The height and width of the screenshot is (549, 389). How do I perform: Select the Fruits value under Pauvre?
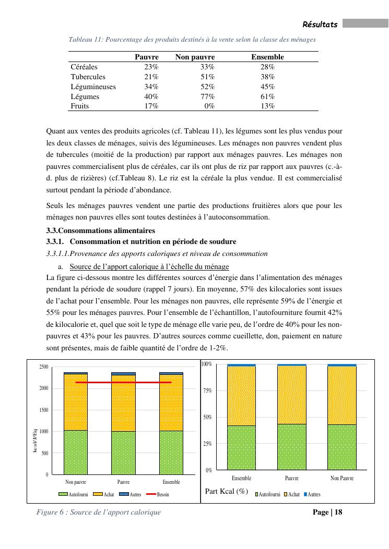151,106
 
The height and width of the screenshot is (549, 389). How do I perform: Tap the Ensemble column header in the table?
267,57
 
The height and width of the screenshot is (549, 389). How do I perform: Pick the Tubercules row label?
88,77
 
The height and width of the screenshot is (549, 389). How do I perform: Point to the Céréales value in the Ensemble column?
267,67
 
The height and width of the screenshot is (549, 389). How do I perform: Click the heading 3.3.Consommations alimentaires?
101,230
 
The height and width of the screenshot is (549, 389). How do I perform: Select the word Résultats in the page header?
320,25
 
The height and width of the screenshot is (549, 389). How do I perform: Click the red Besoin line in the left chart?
123,382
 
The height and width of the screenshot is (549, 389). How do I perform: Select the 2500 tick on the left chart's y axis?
44,367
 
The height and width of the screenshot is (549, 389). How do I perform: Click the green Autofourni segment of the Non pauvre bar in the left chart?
76,452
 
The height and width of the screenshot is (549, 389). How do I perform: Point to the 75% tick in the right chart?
208,391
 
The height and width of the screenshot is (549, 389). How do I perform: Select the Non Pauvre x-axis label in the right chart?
342,478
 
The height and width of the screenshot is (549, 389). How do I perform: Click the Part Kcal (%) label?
226,491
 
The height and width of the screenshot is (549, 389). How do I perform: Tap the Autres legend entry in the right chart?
312,494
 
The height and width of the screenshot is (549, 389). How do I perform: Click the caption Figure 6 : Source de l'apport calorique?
99,512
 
